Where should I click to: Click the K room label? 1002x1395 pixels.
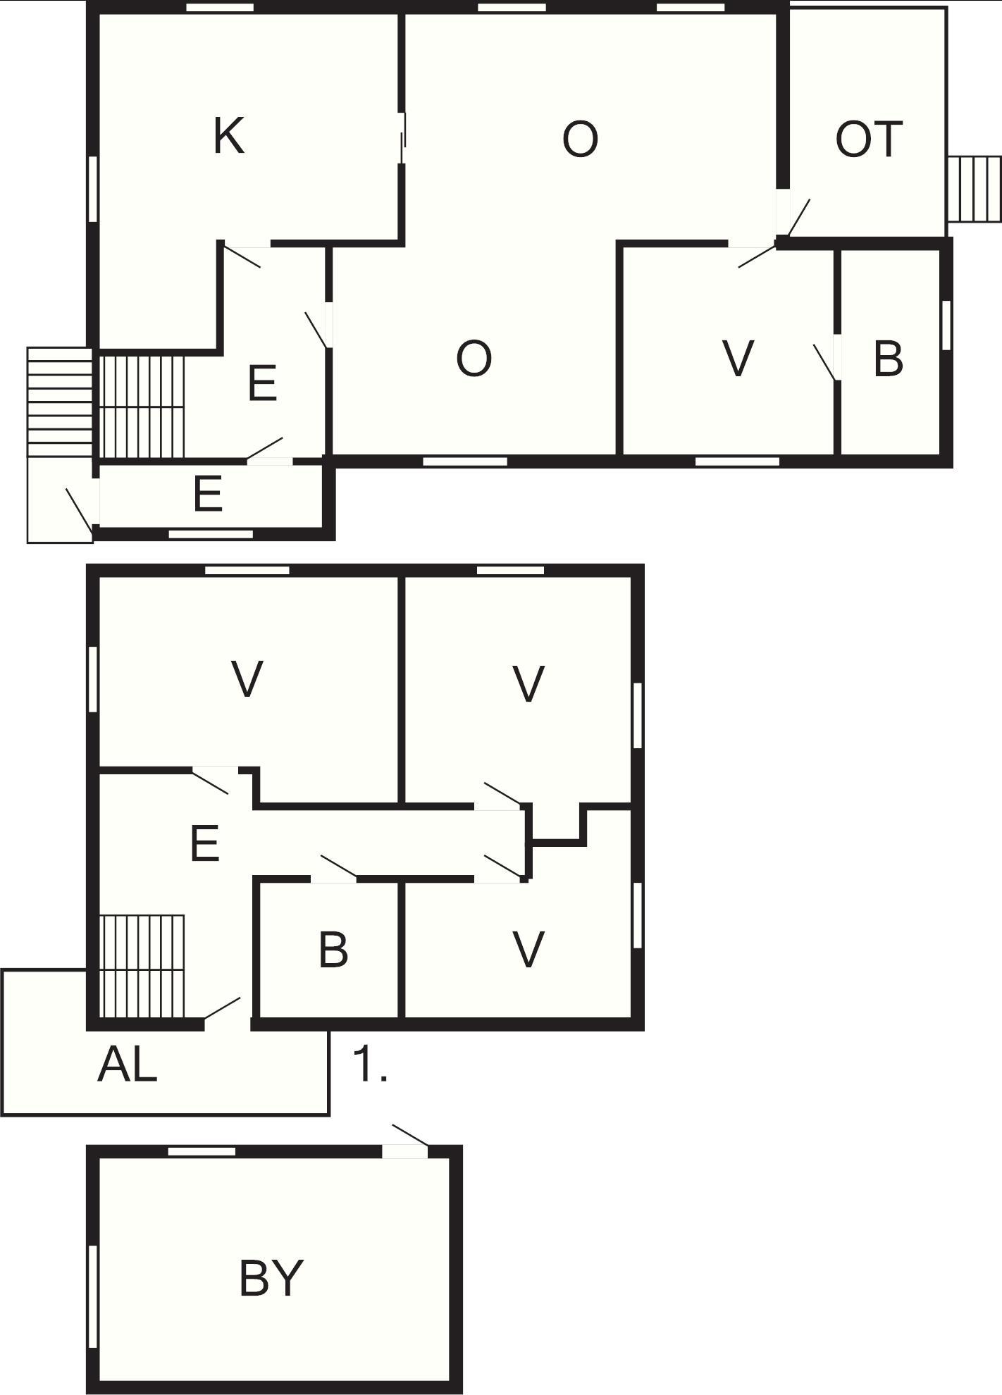pyautogui.click(x=229, y=136)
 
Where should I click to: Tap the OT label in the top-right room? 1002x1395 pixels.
pyautogui.click(x=868, y=139)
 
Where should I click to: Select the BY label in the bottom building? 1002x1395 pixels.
pyautogui.click(x=271, y=1278)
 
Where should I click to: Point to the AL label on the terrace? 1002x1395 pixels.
pyautogui.click(x=127, y=1064)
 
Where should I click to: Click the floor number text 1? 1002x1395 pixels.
pyautogui.click(x=369, y=1064)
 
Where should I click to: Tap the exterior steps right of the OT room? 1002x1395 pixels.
pyautogui.click(x=975, y=189)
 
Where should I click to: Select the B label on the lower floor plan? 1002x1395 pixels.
pyautogui.click(x=333, y=949)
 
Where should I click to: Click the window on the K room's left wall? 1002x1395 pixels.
pyautogui.click(x=92, y=189)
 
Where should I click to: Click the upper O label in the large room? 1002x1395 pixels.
pyautogui.click(x=580, y=139)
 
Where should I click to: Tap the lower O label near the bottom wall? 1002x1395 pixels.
pyautogui.click(x=474, y=359)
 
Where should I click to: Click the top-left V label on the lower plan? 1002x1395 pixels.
pyautogui.click(x=247, y=679)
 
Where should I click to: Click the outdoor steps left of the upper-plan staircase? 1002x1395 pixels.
pyautogui.click(x=60, y=402)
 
